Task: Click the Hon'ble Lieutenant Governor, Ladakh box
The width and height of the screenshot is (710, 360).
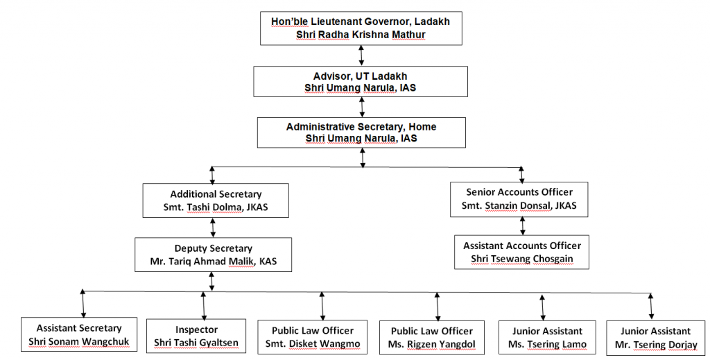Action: tap(360, 28)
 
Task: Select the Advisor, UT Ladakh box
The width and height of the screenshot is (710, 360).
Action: tap(360, 81)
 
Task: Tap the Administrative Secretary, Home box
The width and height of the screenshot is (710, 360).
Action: tap(361, 132)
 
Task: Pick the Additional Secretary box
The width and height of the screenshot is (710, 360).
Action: tap(216, 200)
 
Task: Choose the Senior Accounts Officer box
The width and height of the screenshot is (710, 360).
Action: tap(519, 198)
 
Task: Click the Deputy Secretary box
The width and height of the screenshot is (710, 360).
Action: tap(213, 254)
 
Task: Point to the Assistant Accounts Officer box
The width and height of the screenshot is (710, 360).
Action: tap(521, 252)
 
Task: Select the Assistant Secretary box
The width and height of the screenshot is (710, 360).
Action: tap(79, 335)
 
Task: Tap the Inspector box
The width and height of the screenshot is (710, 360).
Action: tap(196, 336)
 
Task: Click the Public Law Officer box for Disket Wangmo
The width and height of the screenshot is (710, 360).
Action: tap(313, 337)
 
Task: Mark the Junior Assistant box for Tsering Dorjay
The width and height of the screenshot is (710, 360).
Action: tap(655, 338)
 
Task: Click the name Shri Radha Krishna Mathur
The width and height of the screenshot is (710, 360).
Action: tap(360, 35)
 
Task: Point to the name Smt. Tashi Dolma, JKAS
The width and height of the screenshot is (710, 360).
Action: tap(216, 207)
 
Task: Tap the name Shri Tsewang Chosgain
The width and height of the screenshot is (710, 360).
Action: tap(521, 259)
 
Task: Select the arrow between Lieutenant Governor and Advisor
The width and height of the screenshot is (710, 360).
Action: tap(361, 55)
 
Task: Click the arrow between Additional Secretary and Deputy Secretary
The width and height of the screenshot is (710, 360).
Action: tap(213, 228)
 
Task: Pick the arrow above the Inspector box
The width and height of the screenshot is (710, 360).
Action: tap(203, 305)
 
